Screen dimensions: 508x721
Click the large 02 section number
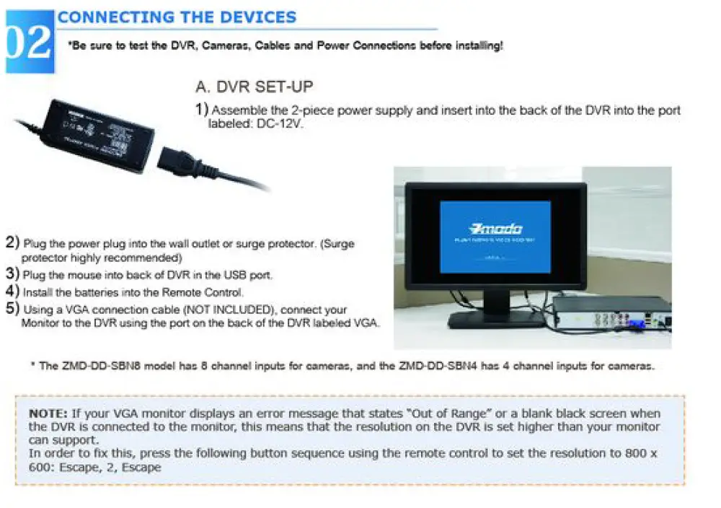coord(29,43)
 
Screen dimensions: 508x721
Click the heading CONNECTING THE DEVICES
coord(177,17)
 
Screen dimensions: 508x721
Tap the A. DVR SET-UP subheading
coord(254,87)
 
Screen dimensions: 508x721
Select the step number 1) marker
coord(202,110)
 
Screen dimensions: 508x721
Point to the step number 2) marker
coord(12,242)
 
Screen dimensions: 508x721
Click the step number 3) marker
coord(12,274)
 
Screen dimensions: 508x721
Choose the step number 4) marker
coord(12,292)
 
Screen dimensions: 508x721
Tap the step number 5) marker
coord(12,309)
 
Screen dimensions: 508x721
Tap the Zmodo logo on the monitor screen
coord(495,228)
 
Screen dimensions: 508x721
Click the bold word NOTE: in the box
coord(48,414)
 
